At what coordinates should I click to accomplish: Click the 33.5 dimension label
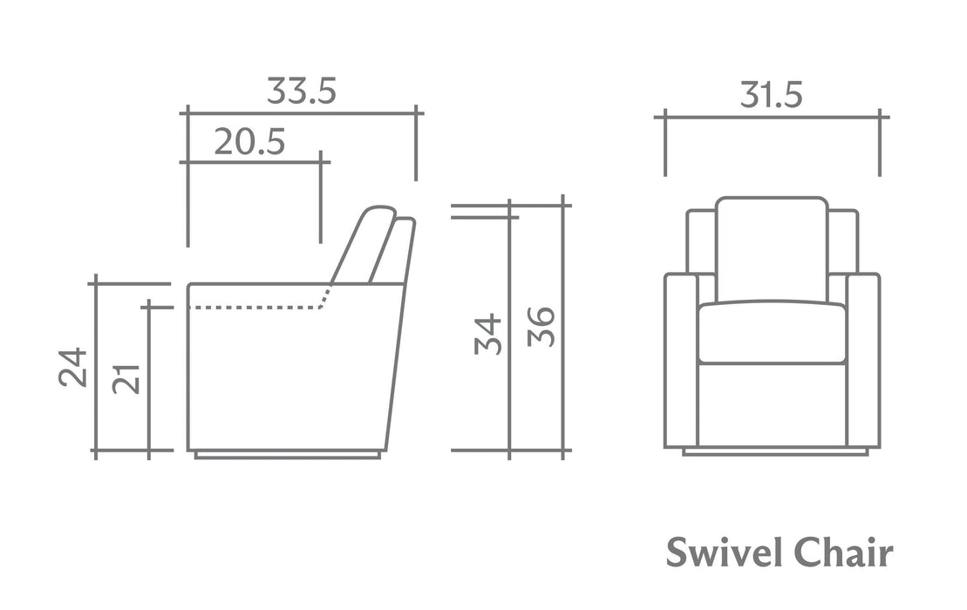pyautogui.click(x=301, y=91)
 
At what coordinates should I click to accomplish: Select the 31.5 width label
pyautogui.click(x=771, y=96)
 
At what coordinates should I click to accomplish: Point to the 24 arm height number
pyautogui.click(x=72, y=367)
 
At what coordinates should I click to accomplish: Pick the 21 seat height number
pyautogui.click(x=126, y=379)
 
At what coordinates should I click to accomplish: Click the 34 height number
pyautogui.click(x=487, y=334)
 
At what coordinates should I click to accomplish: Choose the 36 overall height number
pyautogui.click(x=541, y=327)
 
